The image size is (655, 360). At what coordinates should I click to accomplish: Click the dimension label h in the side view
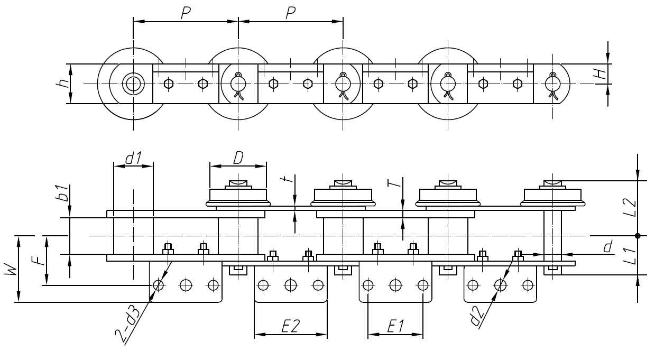(x=62, y=84)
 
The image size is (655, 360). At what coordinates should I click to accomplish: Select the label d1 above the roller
(x=133, y=158)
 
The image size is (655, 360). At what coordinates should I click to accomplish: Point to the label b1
(x=63, y=194)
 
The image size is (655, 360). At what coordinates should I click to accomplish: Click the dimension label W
(x=11, y=270)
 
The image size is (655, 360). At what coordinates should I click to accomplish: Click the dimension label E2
(x=290, y=327)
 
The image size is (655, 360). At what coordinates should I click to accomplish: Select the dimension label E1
(x=395, y=327)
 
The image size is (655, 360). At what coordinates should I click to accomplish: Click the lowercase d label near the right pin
(x=608, y=246)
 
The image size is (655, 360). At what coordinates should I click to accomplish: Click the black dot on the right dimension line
(x=638, y=236)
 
